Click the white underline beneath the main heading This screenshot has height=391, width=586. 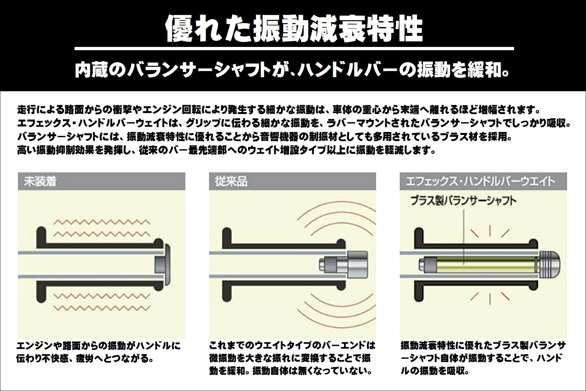[294, 49]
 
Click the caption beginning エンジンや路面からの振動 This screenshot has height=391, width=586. [98, 352]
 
